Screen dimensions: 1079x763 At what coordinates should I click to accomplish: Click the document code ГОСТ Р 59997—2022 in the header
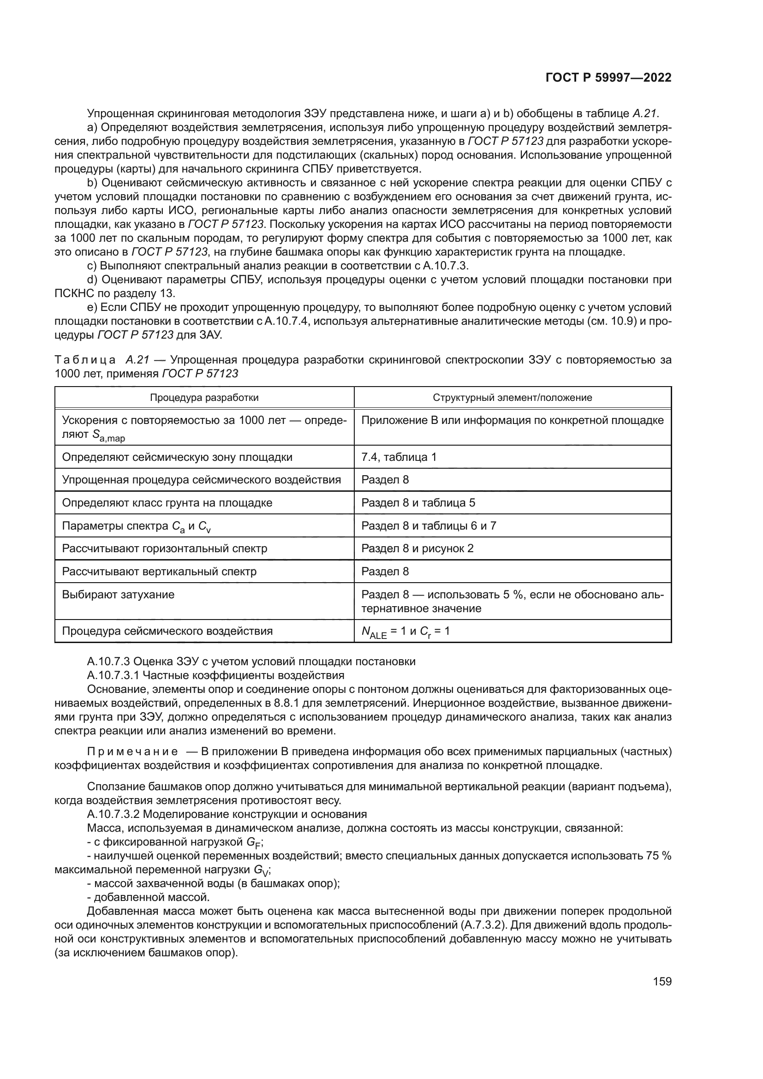(608, 78)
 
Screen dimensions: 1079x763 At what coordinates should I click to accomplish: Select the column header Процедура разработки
(204, 398)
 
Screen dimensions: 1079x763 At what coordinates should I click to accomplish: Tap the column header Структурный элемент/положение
(512, 398)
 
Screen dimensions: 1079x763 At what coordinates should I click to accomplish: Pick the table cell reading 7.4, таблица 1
(399, 457)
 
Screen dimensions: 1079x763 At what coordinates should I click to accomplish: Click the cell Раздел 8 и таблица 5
(418, 503)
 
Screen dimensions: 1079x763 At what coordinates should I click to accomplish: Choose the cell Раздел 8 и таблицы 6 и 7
(429, 526)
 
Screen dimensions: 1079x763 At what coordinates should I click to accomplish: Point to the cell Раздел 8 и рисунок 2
(417, 548)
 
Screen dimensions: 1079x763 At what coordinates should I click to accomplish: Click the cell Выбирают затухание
(118, 595)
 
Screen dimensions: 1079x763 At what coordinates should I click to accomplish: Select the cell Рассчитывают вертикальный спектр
(159, 572)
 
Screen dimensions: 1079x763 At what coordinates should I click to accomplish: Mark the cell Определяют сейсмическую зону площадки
(177, 457)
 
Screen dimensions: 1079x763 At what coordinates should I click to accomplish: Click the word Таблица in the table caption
(85, 360)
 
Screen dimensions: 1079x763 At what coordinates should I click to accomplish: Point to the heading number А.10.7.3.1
(112, 675)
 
